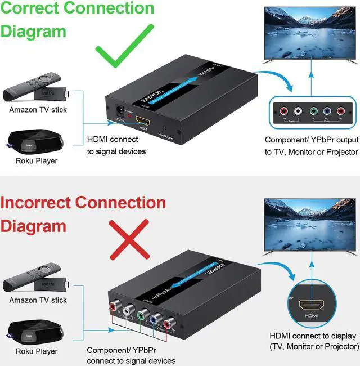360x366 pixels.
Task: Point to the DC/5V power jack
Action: (119, 111)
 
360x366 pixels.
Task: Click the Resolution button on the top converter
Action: (164, 129)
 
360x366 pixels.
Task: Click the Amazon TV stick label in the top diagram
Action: (38, 110)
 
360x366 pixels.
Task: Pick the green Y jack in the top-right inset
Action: (312, 111)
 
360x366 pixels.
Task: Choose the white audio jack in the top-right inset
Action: (298, 111)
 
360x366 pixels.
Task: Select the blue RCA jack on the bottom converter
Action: (153, 319)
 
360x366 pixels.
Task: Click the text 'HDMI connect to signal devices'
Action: (116, 145)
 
